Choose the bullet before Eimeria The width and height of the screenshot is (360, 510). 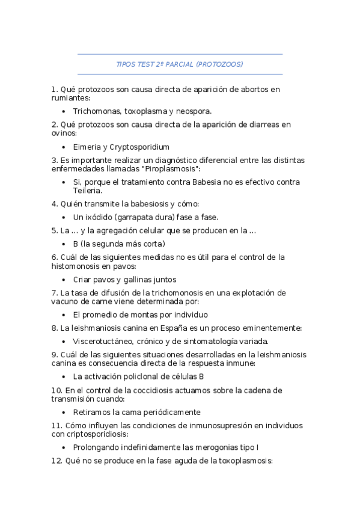(64, 147)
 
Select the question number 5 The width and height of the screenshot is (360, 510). (54, 230)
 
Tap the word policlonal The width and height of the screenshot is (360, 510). (135, 376)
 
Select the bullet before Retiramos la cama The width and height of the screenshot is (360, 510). (64, 412)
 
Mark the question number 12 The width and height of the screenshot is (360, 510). (56, 461)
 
